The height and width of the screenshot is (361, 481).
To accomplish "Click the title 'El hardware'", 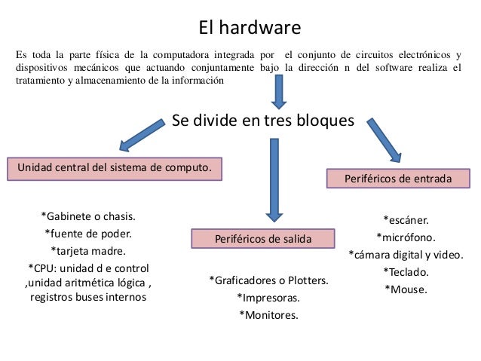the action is [x=250, y=28].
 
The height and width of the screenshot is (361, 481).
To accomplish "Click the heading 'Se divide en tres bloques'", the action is [x=262, y=121].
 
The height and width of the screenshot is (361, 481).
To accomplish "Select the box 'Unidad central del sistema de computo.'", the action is [x=115, y=167].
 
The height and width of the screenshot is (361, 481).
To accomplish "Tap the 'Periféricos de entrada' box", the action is [x=398, y=179].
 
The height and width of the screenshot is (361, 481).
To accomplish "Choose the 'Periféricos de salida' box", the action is [x=262, y=239].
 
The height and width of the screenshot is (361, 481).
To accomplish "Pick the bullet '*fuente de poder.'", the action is [x=89, y=233].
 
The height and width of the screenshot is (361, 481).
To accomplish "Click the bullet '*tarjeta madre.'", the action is [x=88, y=250].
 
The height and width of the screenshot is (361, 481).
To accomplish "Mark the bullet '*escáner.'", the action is [x=406, y=220].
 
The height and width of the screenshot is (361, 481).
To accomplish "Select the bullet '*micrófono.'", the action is [x=406, y=237].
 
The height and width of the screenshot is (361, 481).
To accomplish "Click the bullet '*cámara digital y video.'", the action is [x=406, y=255].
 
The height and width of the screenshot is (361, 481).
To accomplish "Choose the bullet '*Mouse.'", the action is [x=406, y=289].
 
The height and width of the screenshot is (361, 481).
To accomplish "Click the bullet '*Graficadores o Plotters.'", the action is [x=268, y=281].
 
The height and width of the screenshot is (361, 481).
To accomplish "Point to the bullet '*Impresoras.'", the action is [x=268, y=298].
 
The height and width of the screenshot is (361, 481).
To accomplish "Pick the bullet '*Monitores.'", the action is [x=268, y=315].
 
